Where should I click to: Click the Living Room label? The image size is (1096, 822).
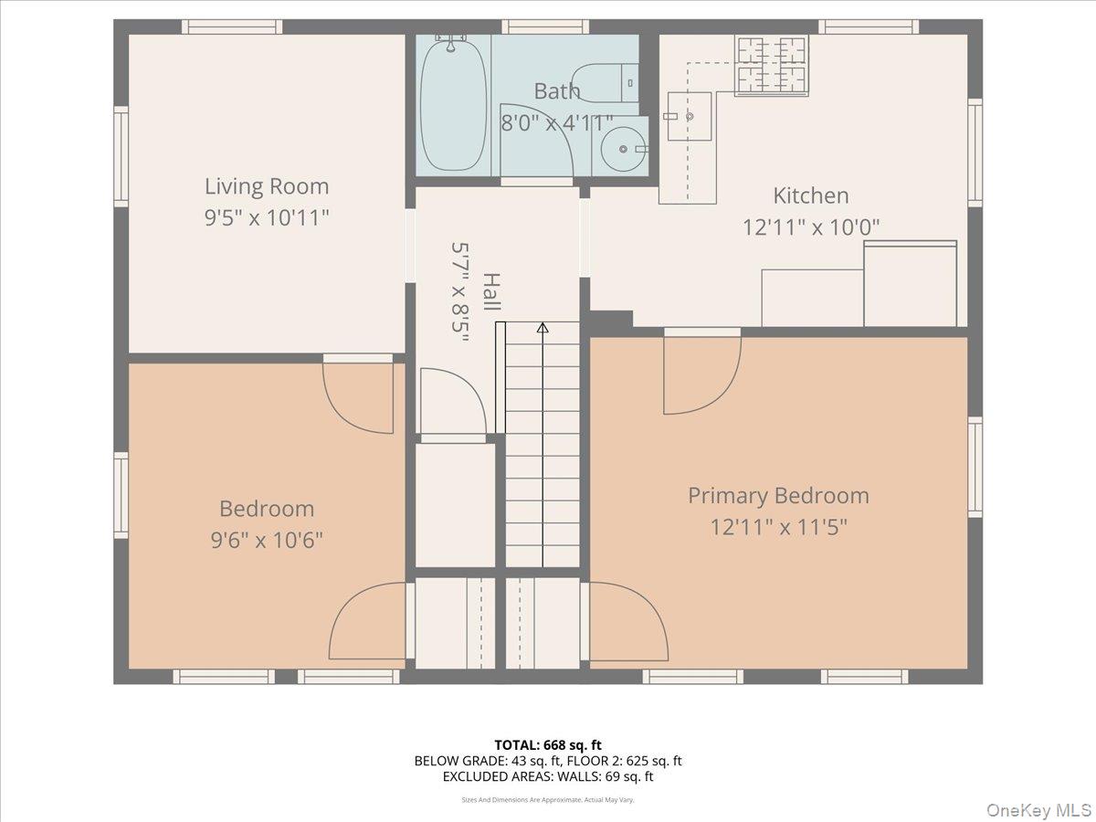[x=266, y=186]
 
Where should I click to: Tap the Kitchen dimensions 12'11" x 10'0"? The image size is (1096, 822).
[x=810, y=227]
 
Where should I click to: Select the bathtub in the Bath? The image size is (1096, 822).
[x=454, y=102]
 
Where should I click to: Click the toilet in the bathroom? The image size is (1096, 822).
[x=606, y=83]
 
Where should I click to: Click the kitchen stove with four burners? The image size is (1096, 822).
[x=772, y=65]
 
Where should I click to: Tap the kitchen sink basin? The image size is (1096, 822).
[x=689, y=116]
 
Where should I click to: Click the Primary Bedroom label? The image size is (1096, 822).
[x=778, y=495]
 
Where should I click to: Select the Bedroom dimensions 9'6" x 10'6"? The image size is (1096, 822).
[x=266, y=540]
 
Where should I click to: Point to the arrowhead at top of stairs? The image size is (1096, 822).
[x=543, y=327]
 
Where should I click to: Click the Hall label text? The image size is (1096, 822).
[x=491, y=292]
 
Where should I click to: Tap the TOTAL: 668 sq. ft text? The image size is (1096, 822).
[x=548, y=745]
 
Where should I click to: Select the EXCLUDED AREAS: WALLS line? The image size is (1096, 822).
[x=548, y=776]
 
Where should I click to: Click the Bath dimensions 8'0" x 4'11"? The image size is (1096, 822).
[x=556, y=121]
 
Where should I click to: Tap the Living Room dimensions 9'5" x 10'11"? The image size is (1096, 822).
[x=266, y=217]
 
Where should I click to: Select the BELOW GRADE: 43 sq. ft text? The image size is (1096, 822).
[x=488, y=761]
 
